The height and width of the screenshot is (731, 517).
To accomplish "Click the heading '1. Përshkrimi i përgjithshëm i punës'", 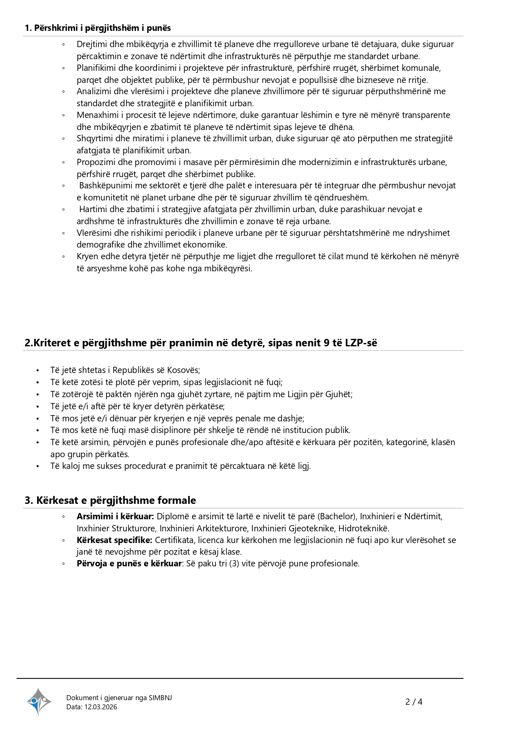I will click(x=98, y=28).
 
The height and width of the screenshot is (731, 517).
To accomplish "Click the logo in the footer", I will click(x=39, y=701).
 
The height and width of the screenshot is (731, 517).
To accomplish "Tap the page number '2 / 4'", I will click(x=414, y=702).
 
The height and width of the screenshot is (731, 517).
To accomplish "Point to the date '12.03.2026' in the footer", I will click(x=101, y=707).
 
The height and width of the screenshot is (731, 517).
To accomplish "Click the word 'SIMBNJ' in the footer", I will click(x=160, y=698).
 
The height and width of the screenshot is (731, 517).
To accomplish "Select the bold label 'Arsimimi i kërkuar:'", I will click(x=115, y=516).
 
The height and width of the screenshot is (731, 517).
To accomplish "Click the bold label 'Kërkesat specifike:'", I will click(x=115, y=540).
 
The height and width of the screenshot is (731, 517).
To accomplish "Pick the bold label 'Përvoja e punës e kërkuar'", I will click(x=129, y=563).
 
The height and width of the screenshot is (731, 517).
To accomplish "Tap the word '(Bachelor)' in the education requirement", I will click(x=337, y=516).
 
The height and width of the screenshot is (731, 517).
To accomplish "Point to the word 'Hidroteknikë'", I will click(x=363, y=528).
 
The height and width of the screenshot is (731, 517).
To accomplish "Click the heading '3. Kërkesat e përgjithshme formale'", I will click(x=110, y=500).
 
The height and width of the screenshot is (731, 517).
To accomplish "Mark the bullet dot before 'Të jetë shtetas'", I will click(x=37, y=371).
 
